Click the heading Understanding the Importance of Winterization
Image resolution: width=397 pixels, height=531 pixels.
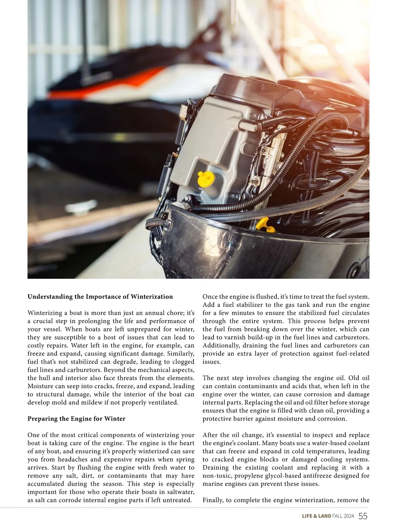(100, 297)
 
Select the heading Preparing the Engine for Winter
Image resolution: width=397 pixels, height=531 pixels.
(76, 419)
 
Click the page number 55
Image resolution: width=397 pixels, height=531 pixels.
(363, 516)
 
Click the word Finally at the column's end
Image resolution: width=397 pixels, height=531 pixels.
(213, 500)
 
